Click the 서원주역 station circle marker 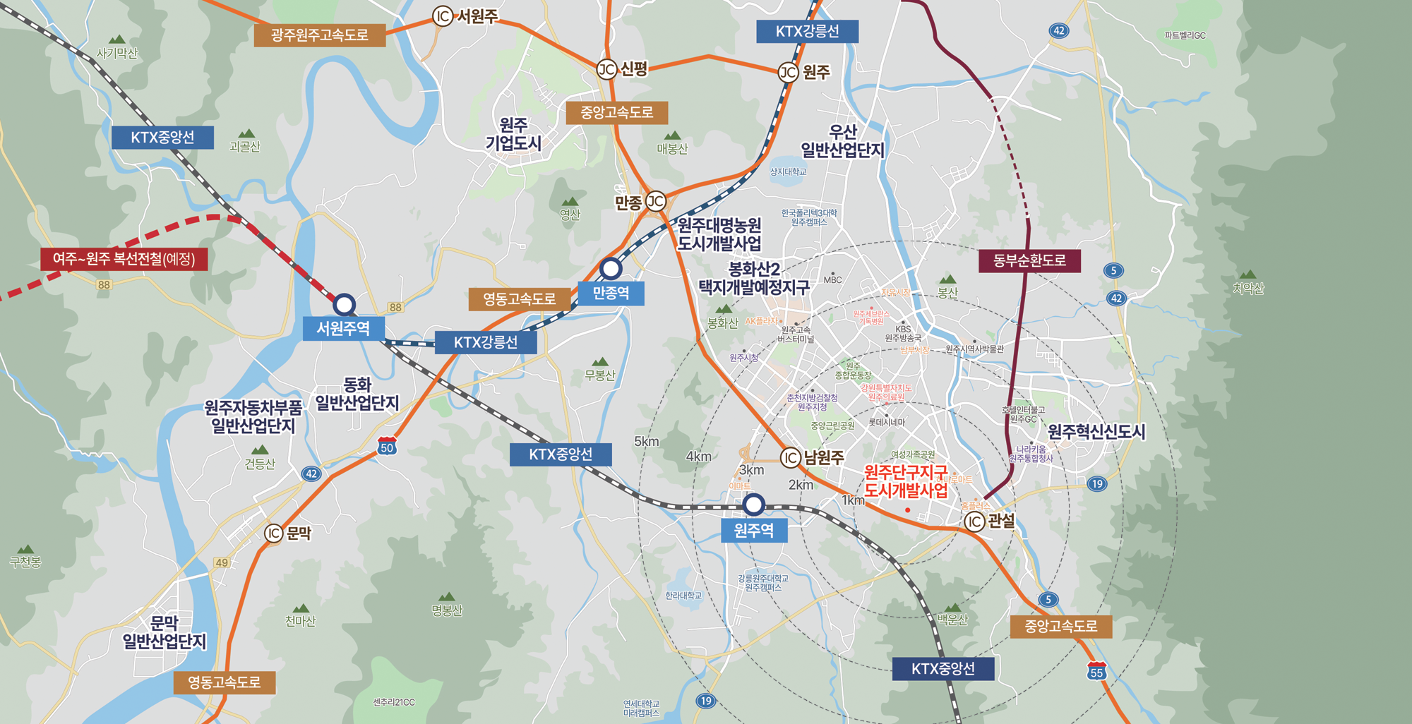pyautogui.click(x=344, y=305)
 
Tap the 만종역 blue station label pyautogui.click(x=611, y=293)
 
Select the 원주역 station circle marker pyautogui.click(x=753, y=505)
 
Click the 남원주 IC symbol pyautogui.click(x=791, y=458)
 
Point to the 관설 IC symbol pyautogui.click(x=975, y=521)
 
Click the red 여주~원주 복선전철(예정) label pyautogui.click(x=124, y=259)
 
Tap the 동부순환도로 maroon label pyautogui.click(x=1029, y=260)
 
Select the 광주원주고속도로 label pyautogui.click(x=319, y=35)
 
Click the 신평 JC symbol pyautogui.click(x=607, y=69)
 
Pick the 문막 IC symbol pyautogui.click(x=274, y=533)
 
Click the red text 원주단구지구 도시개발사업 pyautogui.click(x=906, y=481)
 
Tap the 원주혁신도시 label pyautogui.click(x=1096, y=432)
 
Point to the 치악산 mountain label pyautogui.click(x=1248, y=288)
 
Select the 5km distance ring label pyautogui.click(x=646, y=442)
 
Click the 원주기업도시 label pyautogui.click(x=513, y=134)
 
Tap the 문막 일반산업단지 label pyautogui.click(x=164, y=632)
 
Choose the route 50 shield pyautogui.click(x=387, y=446)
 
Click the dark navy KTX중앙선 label pyautogui.click(x=943, y=668)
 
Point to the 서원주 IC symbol pyautogui.click(x=443, y=16)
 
